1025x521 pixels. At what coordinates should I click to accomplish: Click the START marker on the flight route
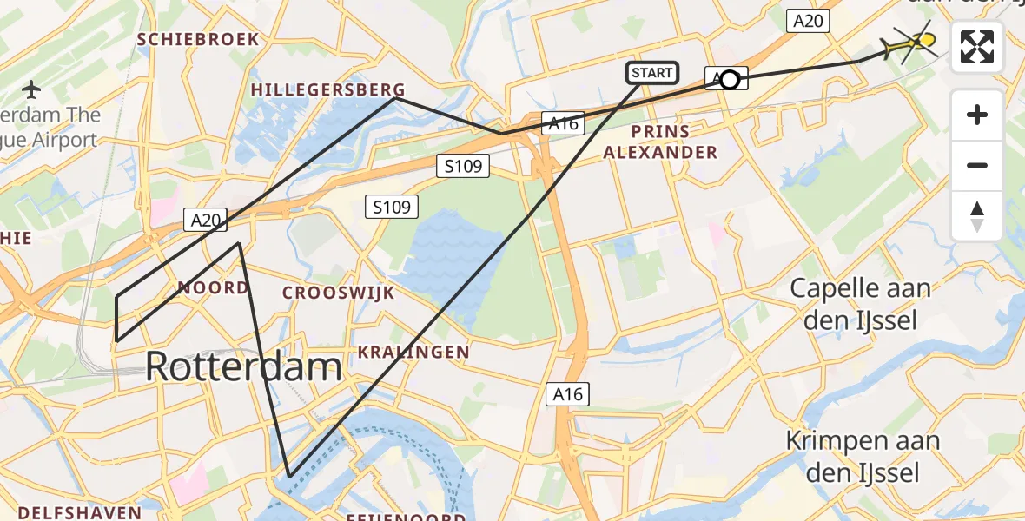(x=652, y=73)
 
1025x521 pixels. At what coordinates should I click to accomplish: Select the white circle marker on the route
(x=730, y=80)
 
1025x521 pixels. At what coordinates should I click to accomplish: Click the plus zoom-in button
(x=977, y=115)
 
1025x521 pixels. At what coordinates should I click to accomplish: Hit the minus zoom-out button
(x=977, y=165)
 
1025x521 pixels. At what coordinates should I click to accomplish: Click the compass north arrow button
(x=977, y=215)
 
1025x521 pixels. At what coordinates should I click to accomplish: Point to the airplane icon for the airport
(x=32, y=89)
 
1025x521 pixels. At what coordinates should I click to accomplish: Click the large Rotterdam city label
(x=243, y=366)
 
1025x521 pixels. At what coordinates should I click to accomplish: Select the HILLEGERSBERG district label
(x=328, y=89)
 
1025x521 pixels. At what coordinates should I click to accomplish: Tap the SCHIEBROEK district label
(x=198, y=39)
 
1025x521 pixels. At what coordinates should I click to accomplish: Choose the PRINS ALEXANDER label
(x=661, y=142)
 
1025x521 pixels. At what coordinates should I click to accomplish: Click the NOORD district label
(x=213, y=287)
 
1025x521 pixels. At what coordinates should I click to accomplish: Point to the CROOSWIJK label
(x=338, y=293)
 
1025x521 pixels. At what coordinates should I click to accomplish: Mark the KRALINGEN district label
(x=413, y=352)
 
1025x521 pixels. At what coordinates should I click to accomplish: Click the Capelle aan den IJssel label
(x=859, y=304)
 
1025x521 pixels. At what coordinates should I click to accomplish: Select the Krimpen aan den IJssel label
(x=863, y=456)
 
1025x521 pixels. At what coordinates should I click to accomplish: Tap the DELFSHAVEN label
(x=79, y=511)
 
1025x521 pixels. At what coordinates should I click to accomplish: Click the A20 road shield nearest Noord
(x=206, y=221)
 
